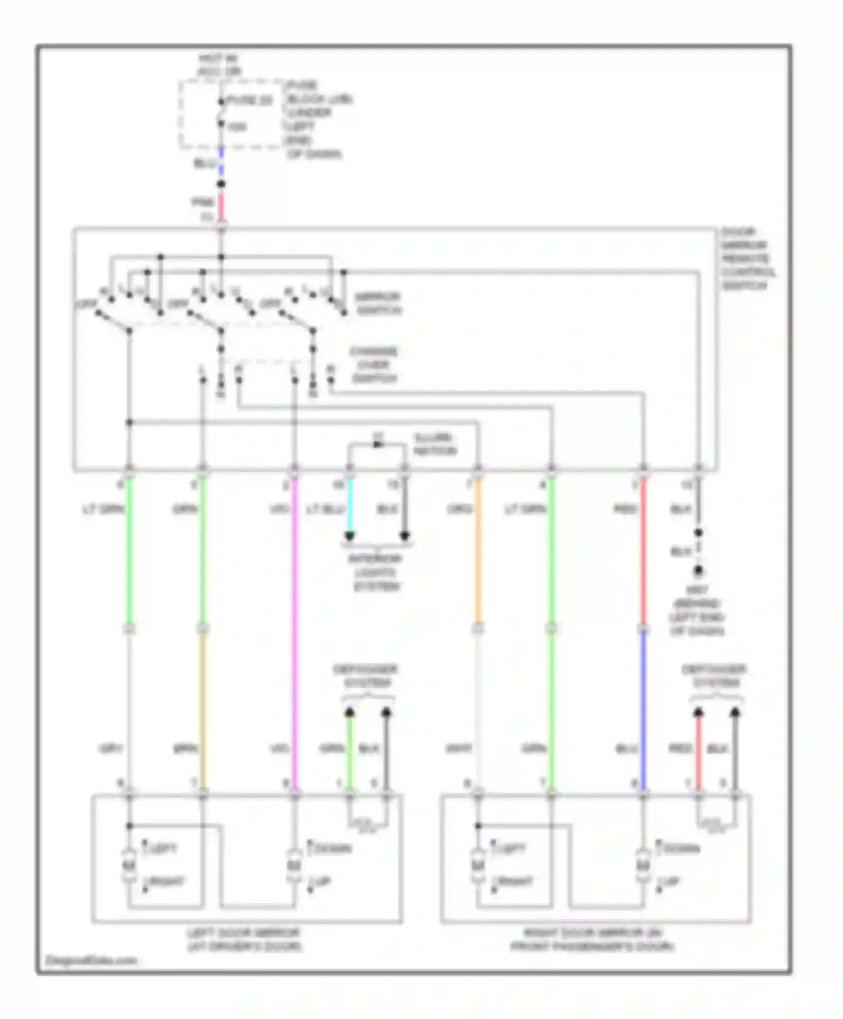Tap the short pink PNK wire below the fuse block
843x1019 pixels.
221,207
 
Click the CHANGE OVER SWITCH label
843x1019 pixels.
374,365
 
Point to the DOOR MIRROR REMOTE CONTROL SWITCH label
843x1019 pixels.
748,258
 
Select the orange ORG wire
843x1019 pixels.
478,551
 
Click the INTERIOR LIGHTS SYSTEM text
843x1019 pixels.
375,572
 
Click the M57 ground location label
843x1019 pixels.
697,611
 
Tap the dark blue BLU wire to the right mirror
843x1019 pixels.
643,708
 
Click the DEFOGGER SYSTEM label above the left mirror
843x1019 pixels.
365,676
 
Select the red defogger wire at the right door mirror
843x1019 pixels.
698,753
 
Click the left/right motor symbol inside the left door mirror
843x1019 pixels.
129,865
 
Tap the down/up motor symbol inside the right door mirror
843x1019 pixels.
643,865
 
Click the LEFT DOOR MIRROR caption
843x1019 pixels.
244,939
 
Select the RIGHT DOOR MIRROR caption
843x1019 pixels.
592,939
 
